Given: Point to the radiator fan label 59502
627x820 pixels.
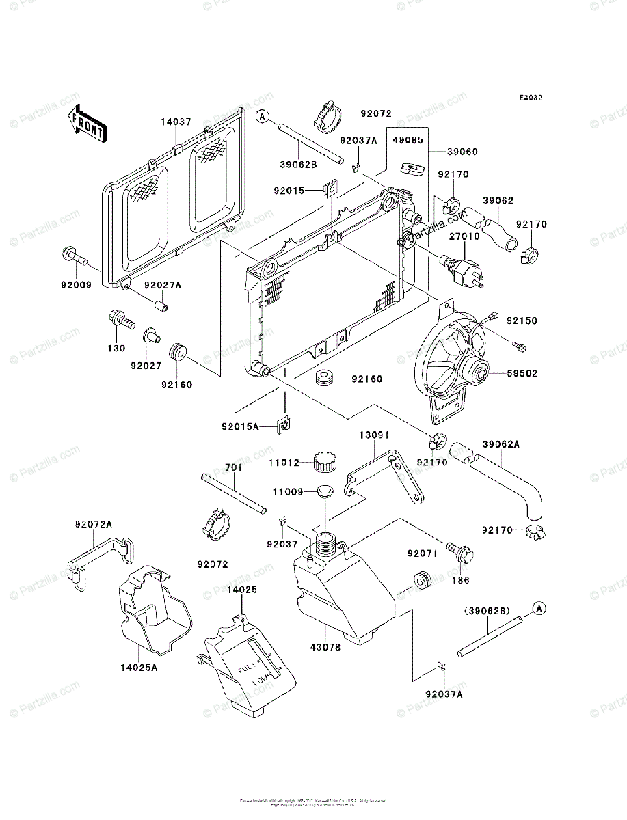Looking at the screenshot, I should (522, 374).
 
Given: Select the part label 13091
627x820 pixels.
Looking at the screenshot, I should (374, 434).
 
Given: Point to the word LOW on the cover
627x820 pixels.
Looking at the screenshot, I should (261, 681).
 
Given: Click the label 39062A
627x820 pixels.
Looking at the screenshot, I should (502, 444).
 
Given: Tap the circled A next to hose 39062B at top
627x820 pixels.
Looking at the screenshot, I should (262, 117).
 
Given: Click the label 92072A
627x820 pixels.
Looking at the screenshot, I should (94, 524).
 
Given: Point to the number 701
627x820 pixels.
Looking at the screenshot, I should (233, 468).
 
